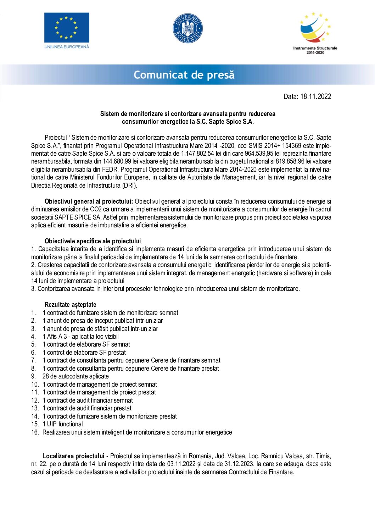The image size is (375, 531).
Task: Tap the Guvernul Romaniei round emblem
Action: click(187, 28)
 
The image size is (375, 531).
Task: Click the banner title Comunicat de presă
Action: click(184, 75)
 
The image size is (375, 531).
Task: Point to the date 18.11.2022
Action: click(315, 96)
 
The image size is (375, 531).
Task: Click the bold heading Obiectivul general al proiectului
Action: click(89, 201)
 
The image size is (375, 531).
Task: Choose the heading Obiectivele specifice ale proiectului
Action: click(93, 241)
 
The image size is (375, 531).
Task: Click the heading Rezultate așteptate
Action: click(70, 305)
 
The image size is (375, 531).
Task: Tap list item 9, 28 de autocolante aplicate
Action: click(75, 376)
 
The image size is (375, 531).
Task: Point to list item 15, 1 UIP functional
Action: click(62, 424)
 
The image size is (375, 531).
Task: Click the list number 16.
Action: click(35, 432)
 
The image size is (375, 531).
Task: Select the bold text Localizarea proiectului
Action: click(73, 456)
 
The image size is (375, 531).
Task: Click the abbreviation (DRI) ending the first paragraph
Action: click(130, 186)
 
